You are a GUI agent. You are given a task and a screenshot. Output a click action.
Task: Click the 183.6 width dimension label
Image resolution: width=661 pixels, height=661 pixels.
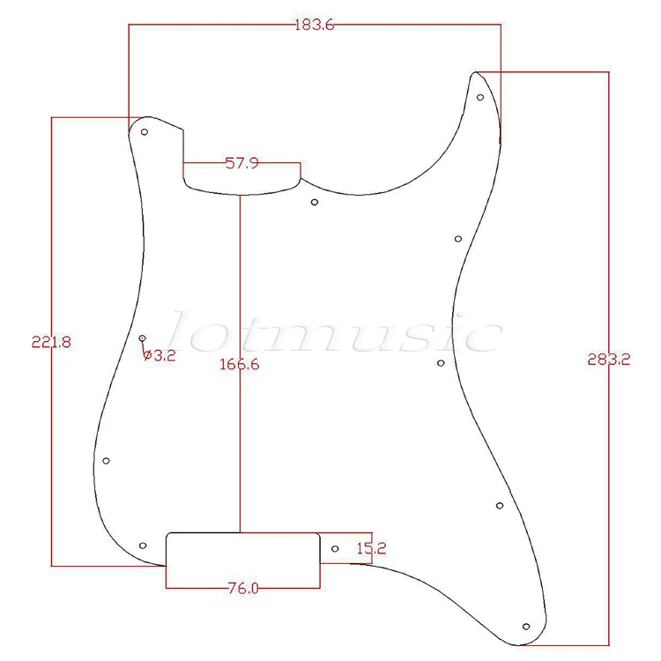point(315,26)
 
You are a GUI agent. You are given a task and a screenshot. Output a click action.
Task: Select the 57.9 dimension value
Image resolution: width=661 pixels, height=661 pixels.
point(241,163)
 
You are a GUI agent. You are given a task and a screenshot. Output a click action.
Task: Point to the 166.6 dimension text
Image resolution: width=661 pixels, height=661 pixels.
point(239,363)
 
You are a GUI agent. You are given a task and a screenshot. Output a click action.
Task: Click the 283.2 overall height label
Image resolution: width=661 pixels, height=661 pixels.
point(607,360)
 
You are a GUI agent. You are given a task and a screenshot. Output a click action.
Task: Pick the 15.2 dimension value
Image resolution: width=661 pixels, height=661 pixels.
point(371,548)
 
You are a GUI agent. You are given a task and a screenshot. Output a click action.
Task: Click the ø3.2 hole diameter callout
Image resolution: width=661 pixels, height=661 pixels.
point(159,355)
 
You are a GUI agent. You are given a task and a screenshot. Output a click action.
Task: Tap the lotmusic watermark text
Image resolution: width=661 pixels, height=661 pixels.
point(335,333)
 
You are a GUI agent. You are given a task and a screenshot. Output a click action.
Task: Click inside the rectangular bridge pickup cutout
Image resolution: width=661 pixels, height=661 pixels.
point(242,550)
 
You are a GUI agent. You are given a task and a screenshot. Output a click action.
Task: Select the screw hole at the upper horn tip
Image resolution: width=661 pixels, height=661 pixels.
point(479,98)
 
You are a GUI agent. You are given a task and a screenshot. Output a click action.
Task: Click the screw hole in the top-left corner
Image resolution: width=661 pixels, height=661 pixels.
point(145,132)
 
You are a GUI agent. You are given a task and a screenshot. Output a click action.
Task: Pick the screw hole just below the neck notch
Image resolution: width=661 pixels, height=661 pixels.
point(315,202)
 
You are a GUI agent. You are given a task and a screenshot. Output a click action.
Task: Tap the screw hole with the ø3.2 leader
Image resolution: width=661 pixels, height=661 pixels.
point(143,338)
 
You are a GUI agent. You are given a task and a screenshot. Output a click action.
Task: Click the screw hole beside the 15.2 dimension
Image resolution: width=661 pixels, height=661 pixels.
point(335,549)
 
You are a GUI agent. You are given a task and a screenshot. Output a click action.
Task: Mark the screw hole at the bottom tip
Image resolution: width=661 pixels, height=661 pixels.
point(526,627)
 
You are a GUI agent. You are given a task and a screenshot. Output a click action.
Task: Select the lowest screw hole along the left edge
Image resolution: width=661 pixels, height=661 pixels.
point(107,461)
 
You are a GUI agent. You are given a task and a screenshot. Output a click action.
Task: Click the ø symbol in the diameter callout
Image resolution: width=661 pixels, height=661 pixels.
point(147,355)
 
